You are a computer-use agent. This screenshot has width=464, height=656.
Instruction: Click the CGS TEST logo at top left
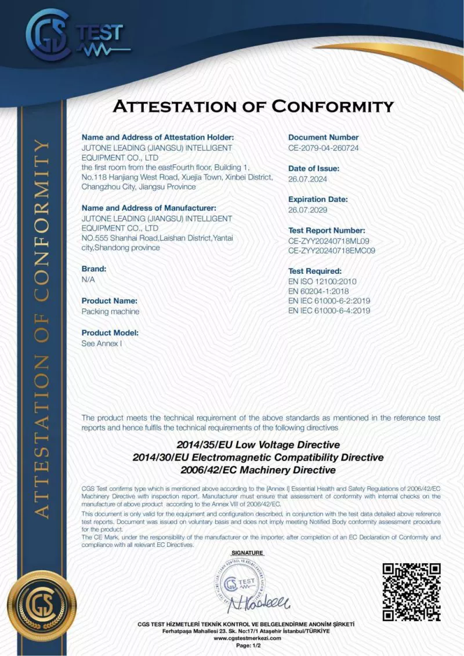tap(74, 36)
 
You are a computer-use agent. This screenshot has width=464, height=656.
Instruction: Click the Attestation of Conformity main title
tap(253, 107)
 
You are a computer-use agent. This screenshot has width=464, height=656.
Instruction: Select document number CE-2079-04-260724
tap(323, 148)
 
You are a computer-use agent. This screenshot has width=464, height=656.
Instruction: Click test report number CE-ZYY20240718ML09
tap(329, 241)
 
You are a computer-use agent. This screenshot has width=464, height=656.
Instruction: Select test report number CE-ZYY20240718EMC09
tap(332, 251)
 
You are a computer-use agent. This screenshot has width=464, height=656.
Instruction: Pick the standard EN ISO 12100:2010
tap(322, 281)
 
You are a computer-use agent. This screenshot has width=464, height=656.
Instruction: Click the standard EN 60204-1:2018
tap(318, 291)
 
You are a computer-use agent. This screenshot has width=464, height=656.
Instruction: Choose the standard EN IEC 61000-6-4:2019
tap(329, 311)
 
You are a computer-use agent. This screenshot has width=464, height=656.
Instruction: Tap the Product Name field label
tap(110, 301)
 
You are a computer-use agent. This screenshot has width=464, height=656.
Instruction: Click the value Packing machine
tap(110, 311)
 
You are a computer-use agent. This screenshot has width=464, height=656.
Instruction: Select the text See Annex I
tap(102, 343)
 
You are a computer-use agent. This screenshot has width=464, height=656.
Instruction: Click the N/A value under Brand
tap(88, 280)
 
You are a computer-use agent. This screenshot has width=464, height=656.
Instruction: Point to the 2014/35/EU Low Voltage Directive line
tap(258, 445)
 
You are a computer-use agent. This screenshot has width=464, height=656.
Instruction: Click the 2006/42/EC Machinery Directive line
tap(258, 470)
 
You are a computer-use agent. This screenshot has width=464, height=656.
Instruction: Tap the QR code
tap(411, 592)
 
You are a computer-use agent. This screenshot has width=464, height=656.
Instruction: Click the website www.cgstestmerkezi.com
tap(247, 638)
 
